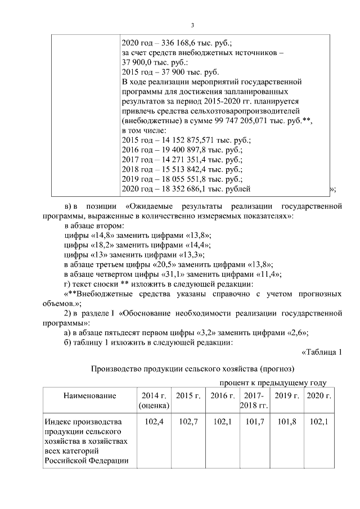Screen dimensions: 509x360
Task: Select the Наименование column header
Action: (x=89, y=396)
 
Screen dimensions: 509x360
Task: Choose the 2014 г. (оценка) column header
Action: (x=152, y=400)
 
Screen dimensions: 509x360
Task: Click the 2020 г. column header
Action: (x=318, y=396)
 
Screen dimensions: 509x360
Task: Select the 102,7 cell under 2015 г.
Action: (x=187, y=421)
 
